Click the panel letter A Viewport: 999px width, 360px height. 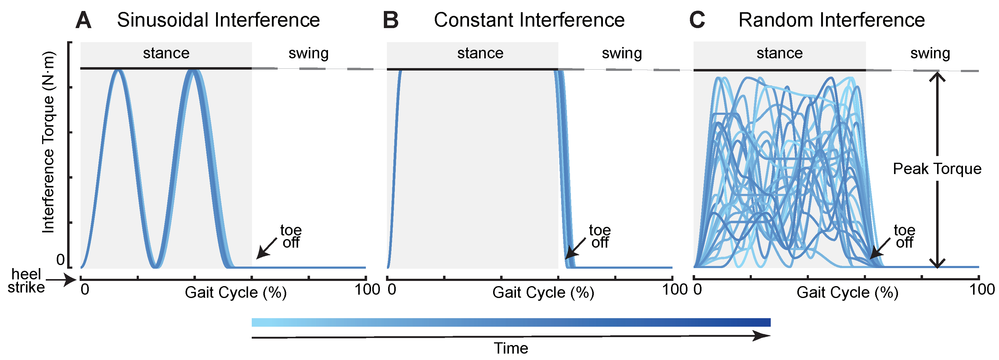83,20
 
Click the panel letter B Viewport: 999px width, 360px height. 391,20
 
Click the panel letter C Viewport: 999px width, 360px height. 697,20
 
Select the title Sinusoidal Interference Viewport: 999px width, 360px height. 218,20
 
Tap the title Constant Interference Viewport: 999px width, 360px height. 529,20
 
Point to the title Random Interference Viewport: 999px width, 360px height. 831,20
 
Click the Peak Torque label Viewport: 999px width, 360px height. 937,169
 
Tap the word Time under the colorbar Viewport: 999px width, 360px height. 511,348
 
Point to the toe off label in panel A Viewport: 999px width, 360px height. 291,236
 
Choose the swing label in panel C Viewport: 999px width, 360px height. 930,53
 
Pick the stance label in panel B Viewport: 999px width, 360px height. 480,53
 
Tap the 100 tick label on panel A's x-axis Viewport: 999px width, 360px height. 367,290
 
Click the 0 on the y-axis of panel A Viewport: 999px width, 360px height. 60,260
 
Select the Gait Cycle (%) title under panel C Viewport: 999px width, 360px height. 847,293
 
